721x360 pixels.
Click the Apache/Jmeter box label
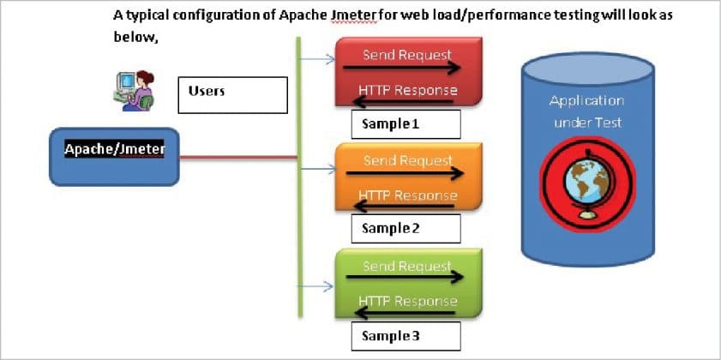coord(115,149)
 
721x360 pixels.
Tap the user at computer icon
coord(133,88)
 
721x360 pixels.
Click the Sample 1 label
coord(406,124)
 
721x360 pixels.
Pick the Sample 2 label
coord(406,228)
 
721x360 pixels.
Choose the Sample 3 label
coord(406,334)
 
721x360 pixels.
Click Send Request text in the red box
coord(406,55)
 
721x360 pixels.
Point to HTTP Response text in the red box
coord(406,90)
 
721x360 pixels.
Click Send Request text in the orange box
coord(406,160)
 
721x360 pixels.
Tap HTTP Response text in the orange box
coord(406,195)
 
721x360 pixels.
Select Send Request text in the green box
coord(406,266)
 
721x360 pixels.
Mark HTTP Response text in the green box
coord(406,301)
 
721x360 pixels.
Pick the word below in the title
coord(135,38)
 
